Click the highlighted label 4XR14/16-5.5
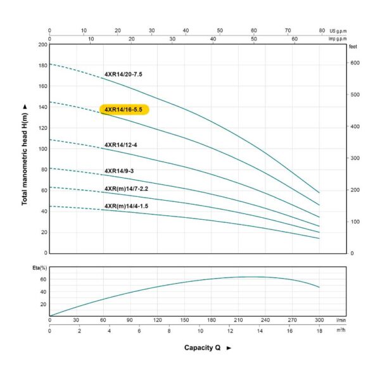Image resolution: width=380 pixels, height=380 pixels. (124, 110)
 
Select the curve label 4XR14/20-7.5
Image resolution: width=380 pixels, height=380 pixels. (123, 74)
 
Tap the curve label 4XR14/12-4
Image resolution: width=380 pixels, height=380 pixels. (121, 145)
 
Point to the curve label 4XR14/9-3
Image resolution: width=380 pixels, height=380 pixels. (119, 171)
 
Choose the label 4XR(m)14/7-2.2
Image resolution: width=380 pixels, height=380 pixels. (126, 189)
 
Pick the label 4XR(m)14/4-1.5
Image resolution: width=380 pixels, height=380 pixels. (126, 206)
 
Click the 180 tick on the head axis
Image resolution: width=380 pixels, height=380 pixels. (42, 65)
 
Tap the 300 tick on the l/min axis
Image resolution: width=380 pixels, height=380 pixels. (319, 320)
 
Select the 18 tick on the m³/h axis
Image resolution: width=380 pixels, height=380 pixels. (319, 331)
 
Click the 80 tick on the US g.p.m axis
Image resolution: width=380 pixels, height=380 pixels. (322, 30)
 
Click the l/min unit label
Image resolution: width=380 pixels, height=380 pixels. (339, 320)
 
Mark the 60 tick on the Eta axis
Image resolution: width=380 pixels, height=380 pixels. (43, 279)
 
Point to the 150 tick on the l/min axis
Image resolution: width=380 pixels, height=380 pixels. (184, 320)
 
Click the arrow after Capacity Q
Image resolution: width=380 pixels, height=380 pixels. (229, 348)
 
